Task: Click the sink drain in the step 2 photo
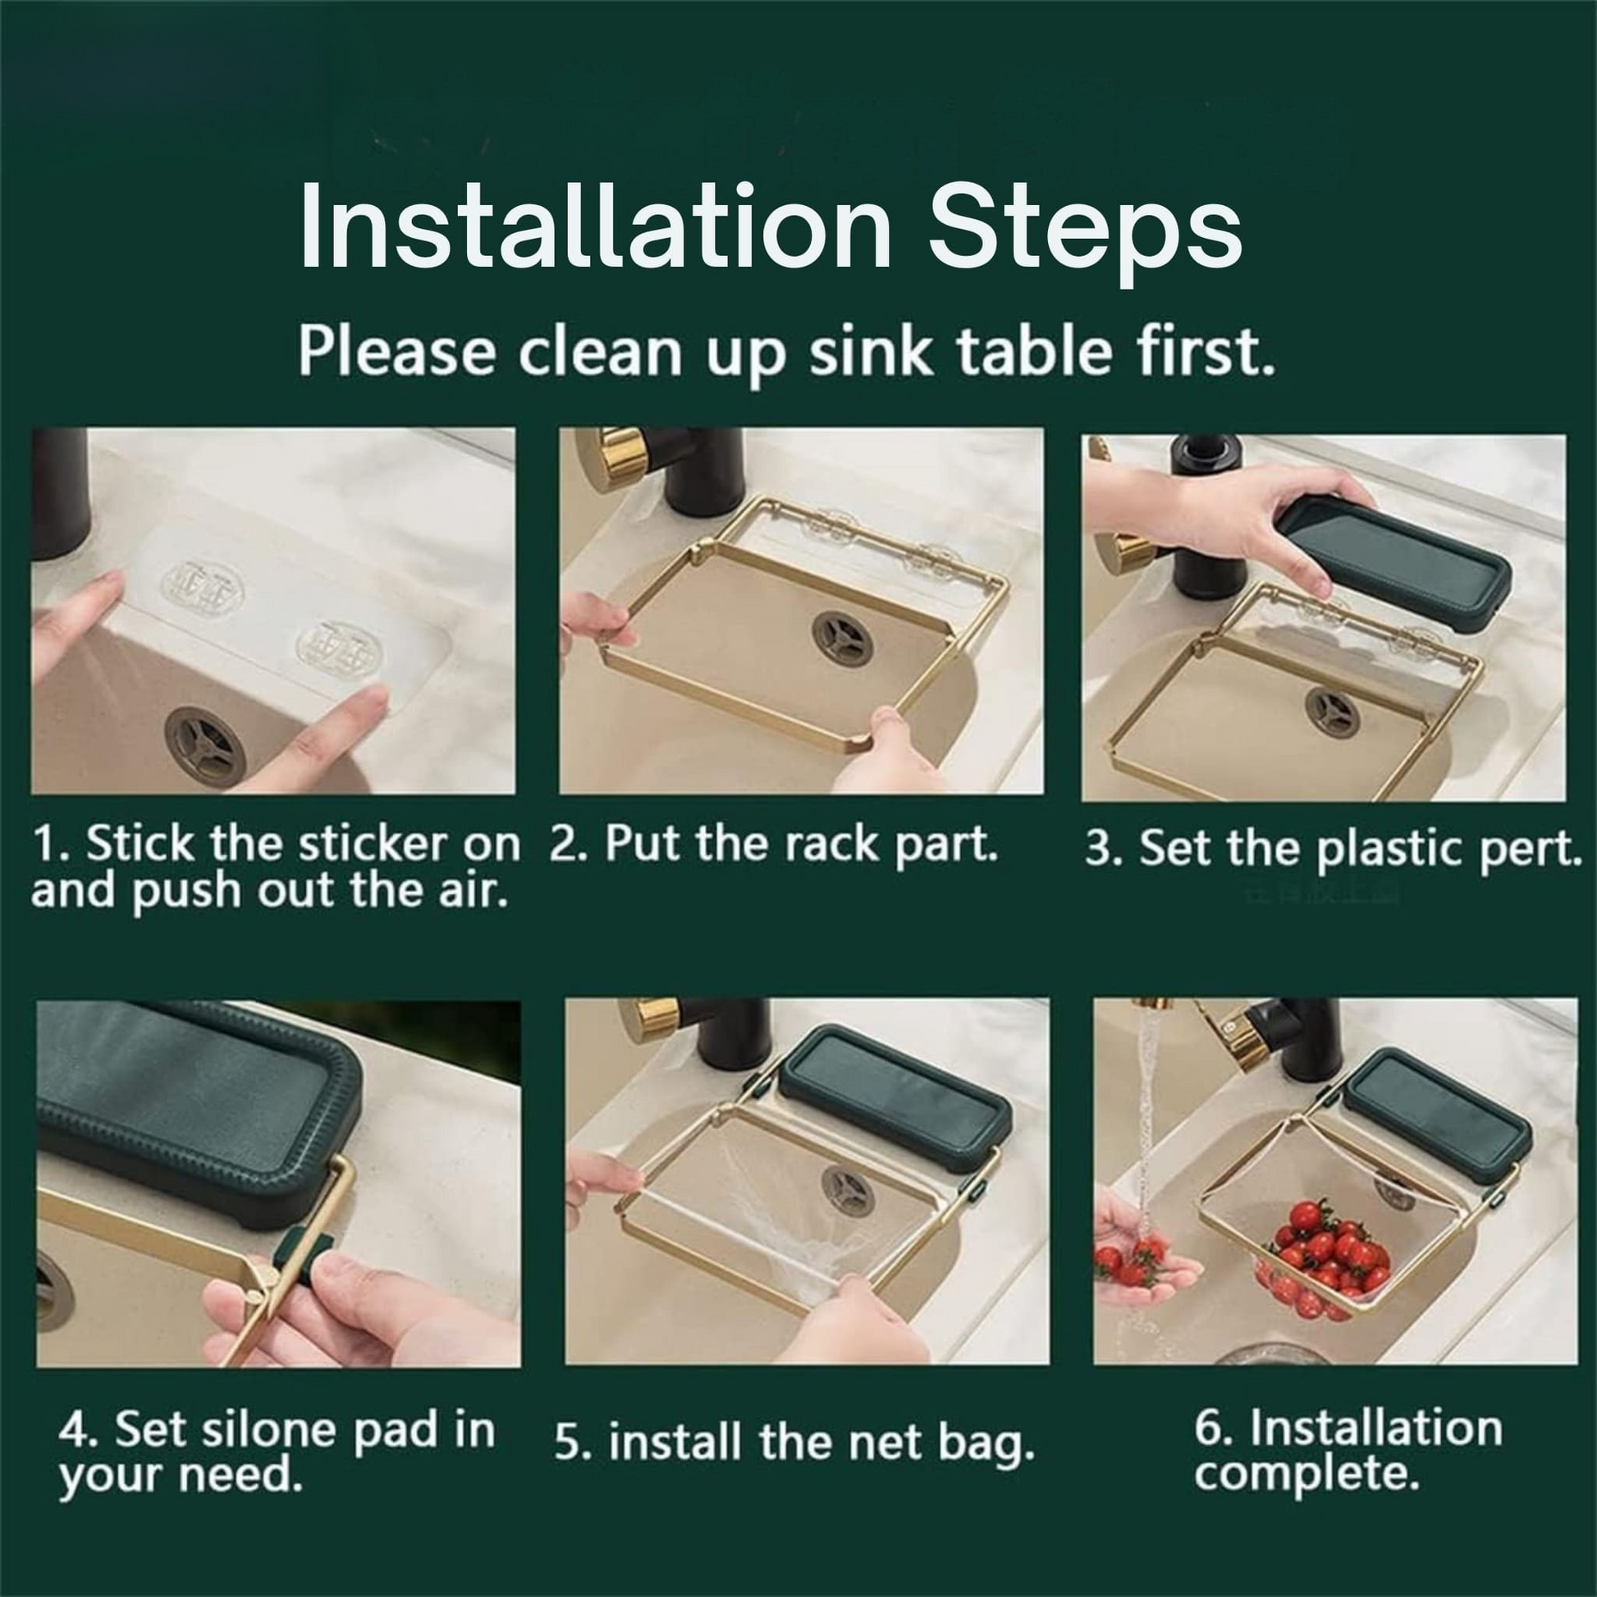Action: pos(840,638)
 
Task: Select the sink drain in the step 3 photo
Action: pos(1333,713)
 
